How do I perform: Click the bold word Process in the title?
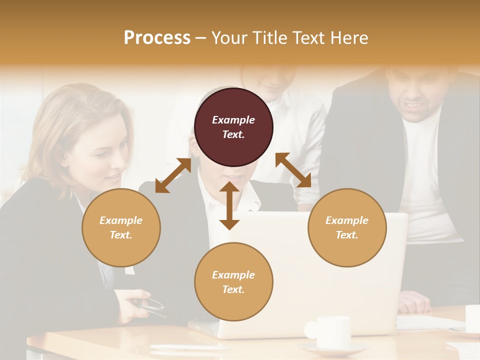[157, 38]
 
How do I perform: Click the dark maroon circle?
[233, 127]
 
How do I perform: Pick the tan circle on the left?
[121, 227]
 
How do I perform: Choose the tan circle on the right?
[347, 227]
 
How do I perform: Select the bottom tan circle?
[233, 282]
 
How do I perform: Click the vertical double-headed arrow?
[229, 205]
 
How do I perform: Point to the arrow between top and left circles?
[173, 175]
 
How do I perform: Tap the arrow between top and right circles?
[293, 170]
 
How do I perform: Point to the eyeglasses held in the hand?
[152, 305]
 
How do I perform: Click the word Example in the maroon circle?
[233, 120]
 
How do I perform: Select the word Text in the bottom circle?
[232, 289]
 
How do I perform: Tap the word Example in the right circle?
[347, 220]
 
